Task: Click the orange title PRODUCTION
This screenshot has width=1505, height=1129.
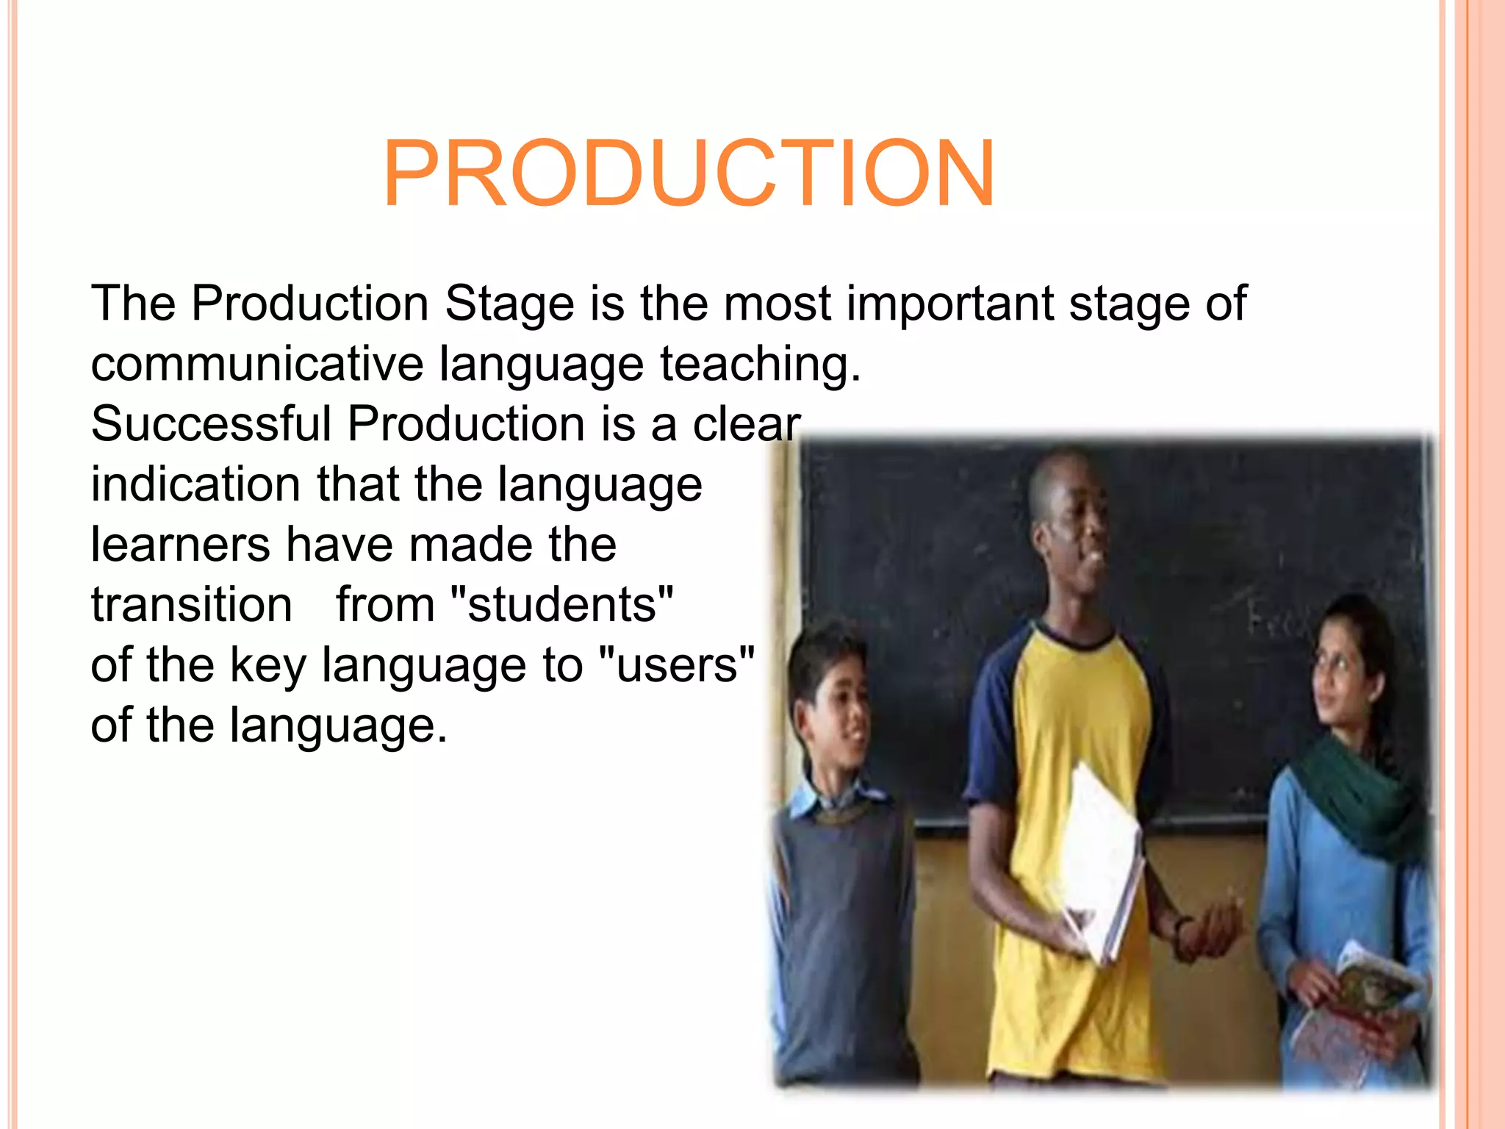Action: [689, 174]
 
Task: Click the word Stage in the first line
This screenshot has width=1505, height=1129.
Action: [509, 303]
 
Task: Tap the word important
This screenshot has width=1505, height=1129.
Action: [950, 303]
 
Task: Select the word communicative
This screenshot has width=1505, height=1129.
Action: [257, 364]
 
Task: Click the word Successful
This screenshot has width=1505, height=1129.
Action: [211, 424]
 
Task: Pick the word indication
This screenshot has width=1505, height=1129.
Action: [195, 484]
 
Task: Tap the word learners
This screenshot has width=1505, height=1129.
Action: [180, 545]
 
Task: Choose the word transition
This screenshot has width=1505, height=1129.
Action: [191, 605]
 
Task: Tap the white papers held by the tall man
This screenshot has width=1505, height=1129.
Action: [1100, 860]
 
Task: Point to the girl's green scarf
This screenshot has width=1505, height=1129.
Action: [1359, 794]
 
